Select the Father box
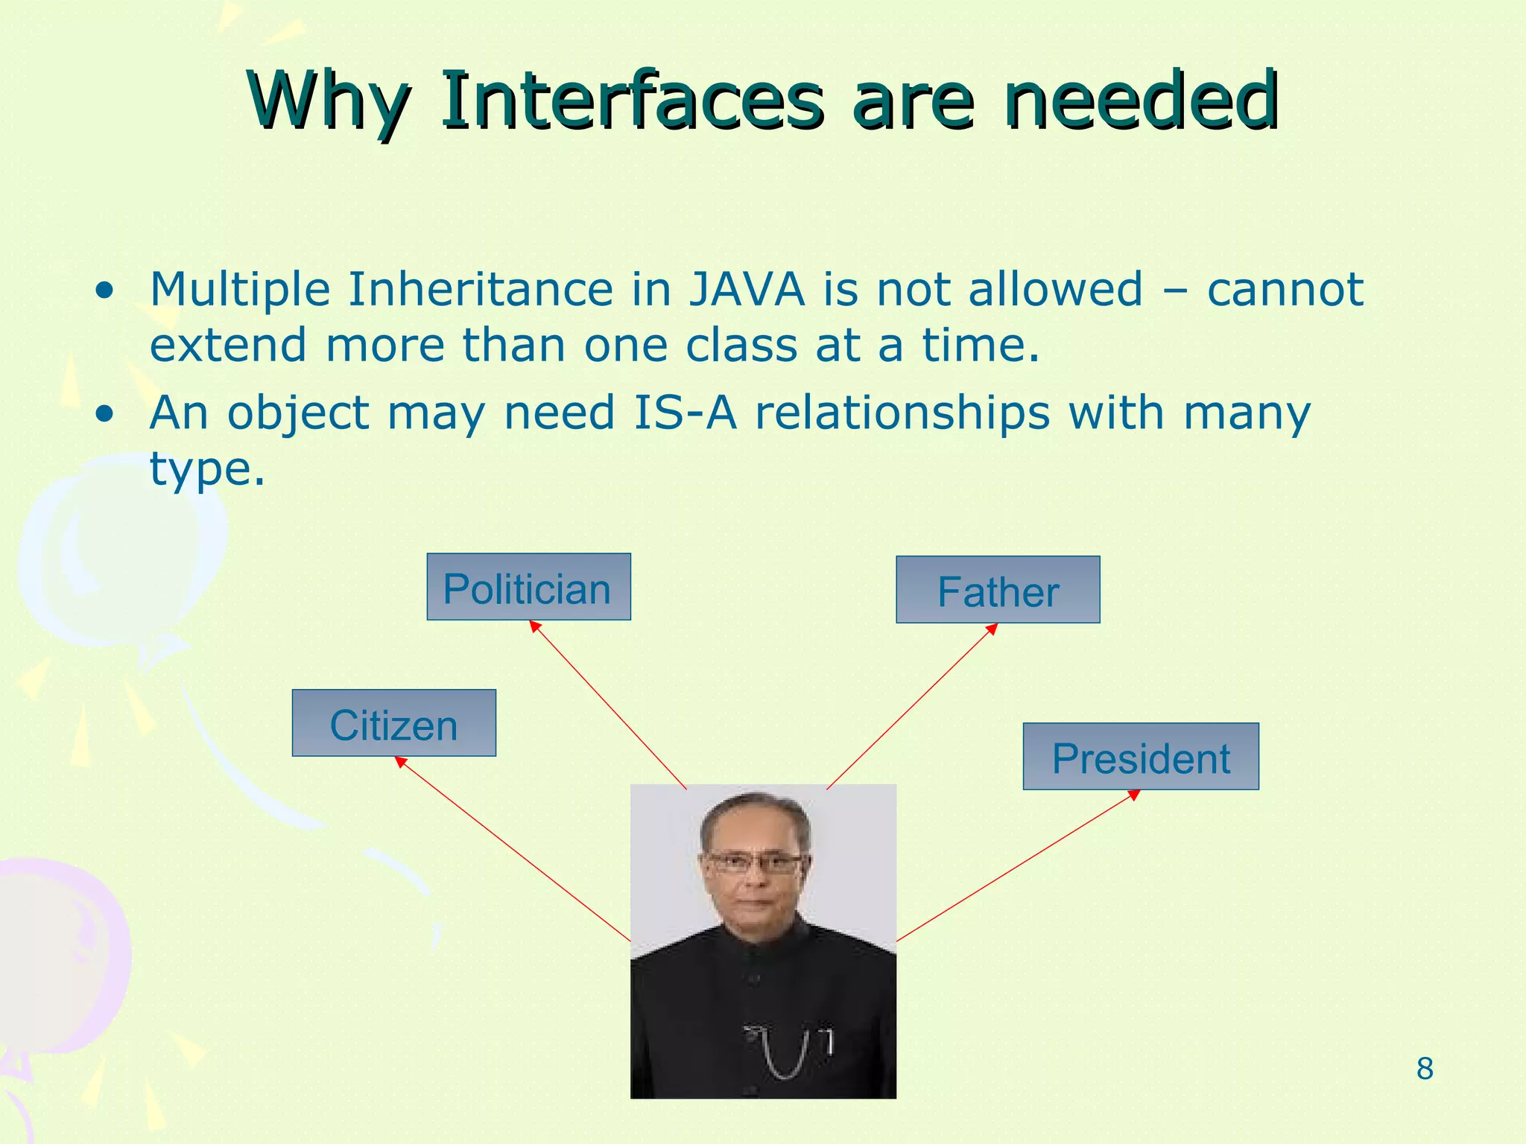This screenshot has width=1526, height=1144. (x=998, y=590)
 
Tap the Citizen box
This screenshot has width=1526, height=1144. (x=393, y=723)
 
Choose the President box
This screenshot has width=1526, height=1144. (x=1140, y=757)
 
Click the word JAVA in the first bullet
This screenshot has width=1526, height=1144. (x=746, y=290)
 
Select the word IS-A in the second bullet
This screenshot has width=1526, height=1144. (x=685, y=413)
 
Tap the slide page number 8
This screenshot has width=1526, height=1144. (x=1424, y=1069)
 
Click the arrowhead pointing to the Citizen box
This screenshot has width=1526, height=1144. (x=400, y=761)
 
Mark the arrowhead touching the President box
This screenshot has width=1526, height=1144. (x=1134, y=795)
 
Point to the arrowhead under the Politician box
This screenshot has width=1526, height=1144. (x=534, y=626)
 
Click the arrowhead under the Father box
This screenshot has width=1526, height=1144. (x=992, y=629)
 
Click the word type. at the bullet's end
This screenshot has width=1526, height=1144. (x=207, y=469)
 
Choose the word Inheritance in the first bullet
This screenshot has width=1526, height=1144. (x=480, y=290)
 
